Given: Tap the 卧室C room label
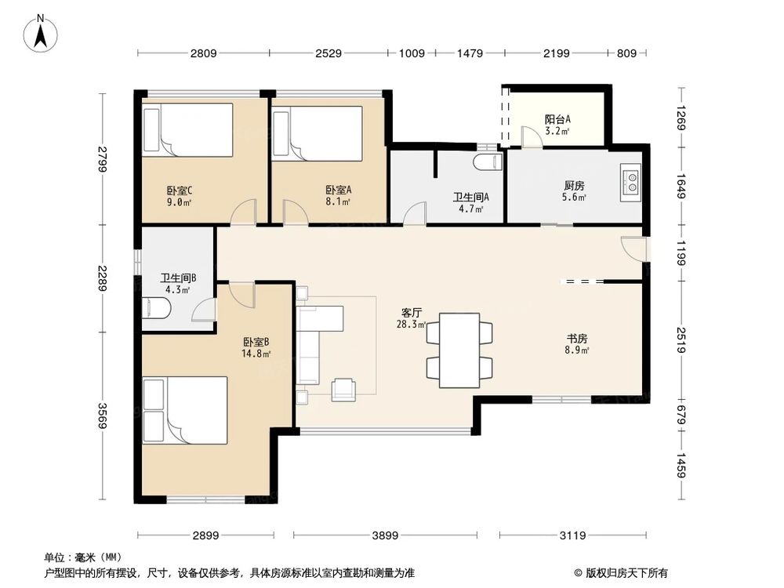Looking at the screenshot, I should coord(180,195).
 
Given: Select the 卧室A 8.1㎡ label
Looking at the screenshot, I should coord(338,195).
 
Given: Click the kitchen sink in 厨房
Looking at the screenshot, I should coord(630,182).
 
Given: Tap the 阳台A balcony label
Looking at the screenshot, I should coord(557,125).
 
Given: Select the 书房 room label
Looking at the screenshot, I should coord(577,344).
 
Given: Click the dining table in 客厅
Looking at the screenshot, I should coord(459,350).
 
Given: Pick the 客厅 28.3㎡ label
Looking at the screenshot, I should coord(411,317).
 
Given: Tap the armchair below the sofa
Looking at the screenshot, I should coord(343,389).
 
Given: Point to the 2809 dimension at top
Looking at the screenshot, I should coord(203,53).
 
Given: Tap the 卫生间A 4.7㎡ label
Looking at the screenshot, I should coord(470,203).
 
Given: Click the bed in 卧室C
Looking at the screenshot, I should coord(188,129).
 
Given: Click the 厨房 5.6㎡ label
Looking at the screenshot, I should coord(574,191).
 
